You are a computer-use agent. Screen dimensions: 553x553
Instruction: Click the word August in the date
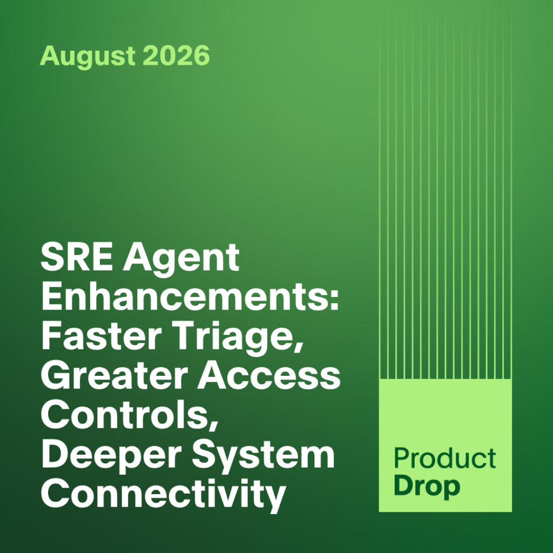(87, 56)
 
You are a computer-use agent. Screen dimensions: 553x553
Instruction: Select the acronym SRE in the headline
(77, 257)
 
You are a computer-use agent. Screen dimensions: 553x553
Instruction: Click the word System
(263, 457)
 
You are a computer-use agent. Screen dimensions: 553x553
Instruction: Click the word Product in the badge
(445, 458)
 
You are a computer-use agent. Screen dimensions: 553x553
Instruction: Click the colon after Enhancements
(334, 300)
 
